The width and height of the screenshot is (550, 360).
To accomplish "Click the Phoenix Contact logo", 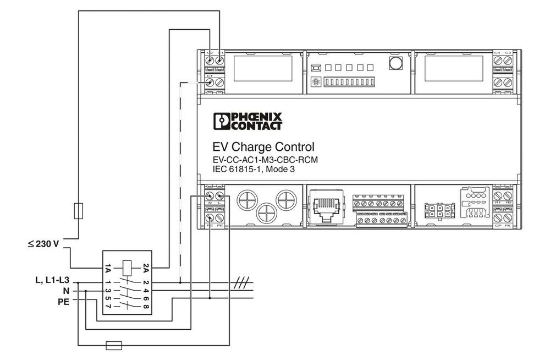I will click(248, 121).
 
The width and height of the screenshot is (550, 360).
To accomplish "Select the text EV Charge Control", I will click(263, 148).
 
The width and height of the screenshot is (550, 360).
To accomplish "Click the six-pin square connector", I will click(439, 211).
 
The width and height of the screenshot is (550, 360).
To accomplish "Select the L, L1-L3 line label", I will click(52, 281).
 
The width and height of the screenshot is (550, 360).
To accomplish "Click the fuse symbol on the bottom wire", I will click(113, 345).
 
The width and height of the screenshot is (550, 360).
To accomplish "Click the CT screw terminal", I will click(210, 83).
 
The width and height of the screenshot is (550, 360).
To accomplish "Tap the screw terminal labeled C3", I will click(508, 61).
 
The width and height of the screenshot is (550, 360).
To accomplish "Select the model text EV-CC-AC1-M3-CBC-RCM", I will click(265, 160).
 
